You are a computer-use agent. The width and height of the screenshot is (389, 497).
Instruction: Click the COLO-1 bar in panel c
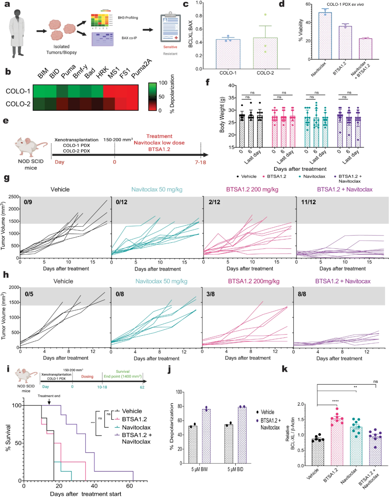[x=228, y=54]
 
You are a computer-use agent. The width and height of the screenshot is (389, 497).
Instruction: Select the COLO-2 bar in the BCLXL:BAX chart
[x=265, y=53]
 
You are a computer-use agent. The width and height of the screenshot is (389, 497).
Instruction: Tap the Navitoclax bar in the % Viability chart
[x=325, y=36]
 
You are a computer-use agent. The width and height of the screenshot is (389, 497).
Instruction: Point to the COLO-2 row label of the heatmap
[x=18, y=104]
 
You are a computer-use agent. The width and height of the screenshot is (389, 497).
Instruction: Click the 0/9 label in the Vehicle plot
[x=28, y=202]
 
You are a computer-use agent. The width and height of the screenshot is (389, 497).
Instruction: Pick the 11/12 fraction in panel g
[x=309, y=202]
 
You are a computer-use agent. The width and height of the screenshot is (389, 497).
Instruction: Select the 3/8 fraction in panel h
[x=210, y=294]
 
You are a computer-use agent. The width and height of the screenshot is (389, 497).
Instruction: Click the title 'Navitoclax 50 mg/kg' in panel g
[x=157, y=189]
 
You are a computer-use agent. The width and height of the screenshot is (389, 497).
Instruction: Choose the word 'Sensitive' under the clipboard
[x=170, y=47]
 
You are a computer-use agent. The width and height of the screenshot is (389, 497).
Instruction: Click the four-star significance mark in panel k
[x=335, y=401]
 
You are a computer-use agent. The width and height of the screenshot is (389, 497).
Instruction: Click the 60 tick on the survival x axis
[x=129, y=486]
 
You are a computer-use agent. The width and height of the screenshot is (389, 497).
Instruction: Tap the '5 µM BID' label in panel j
[x=235, y=469]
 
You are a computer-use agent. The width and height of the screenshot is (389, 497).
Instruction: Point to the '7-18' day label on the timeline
[x=201, y=162]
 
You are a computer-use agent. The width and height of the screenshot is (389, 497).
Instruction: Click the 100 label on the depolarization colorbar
[x=163, y=83]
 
